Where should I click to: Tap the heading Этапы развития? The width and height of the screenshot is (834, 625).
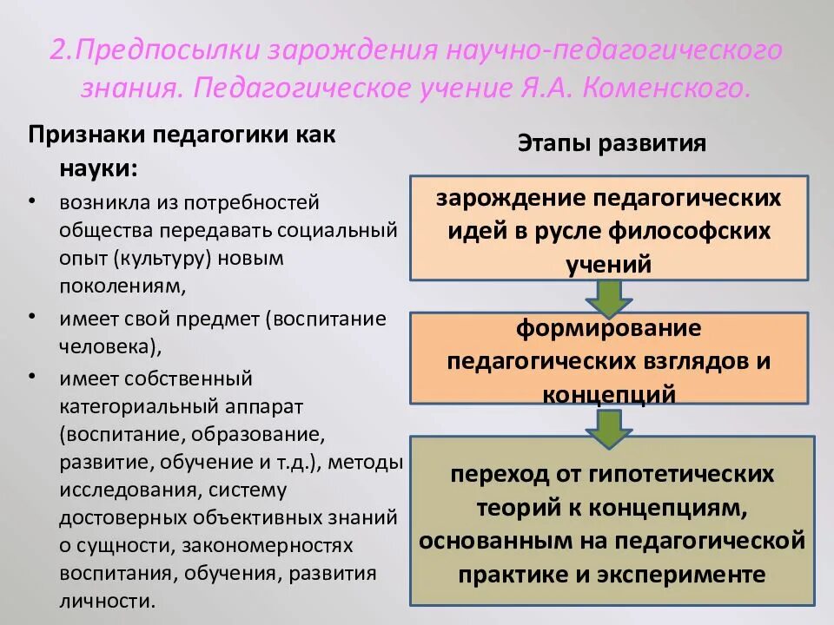tap(612, 143)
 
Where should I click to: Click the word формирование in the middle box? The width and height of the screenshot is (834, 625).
tap(608, 329)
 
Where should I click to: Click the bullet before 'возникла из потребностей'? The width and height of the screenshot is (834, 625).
tap(32, 201)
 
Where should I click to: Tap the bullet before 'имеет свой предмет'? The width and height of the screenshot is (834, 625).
tap(32, 317)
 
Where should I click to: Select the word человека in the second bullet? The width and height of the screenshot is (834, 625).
tap(109, 346)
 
